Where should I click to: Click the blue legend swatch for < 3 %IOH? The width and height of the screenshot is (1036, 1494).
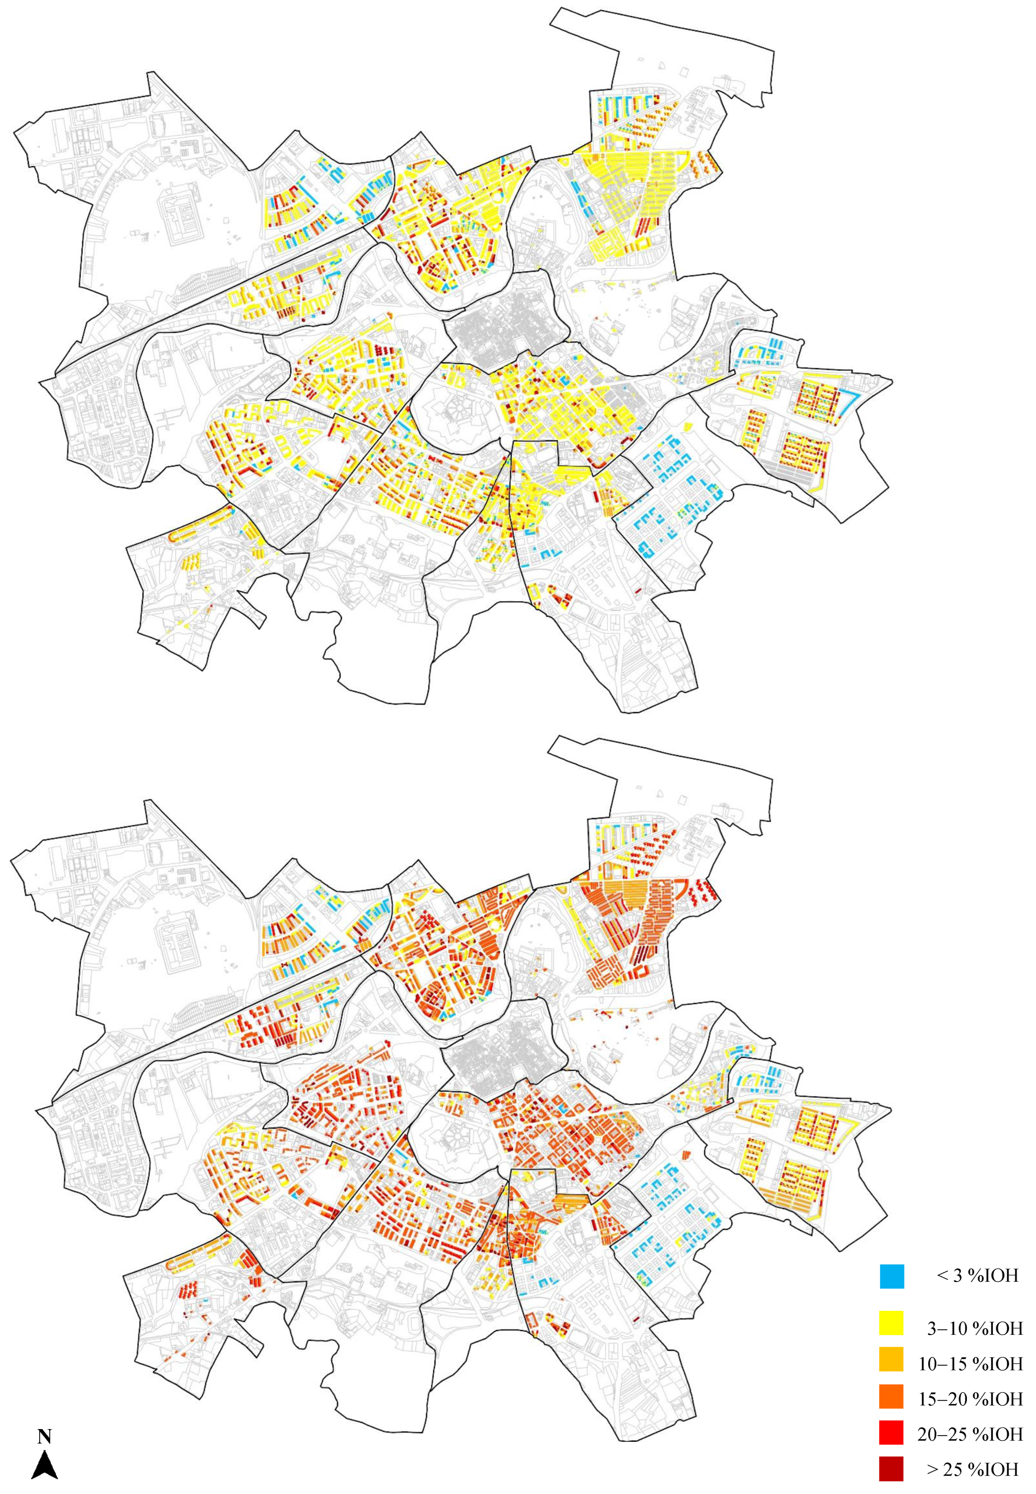click(892, 1276)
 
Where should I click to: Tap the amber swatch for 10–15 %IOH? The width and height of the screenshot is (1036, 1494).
click(892, 1362)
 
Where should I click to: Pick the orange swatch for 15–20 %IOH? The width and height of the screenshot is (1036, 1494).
click(892, 1396)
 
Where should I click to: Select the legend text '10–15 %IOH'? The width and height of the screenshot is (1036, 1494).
click(970, 1362)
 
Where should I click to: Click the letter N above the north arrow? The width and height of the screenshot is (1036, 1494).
click(44, 1419)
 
